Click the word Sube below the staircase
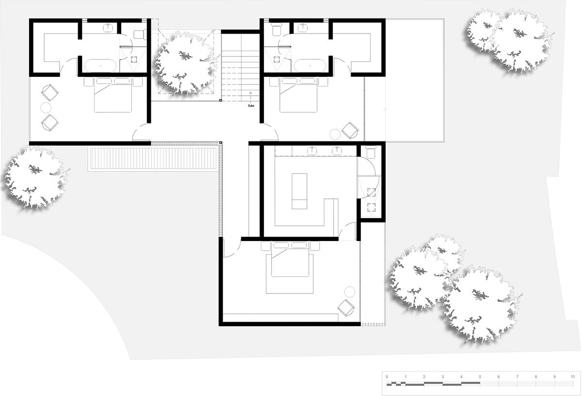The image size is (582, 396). click(x=251, y=106)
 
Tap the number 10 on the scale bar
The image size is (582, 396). click(x=572, y=377)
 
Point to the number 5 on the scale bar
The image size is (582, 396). click(x=480, y=377)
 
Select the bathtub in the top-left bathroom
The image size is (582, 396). click(x=100, y=66)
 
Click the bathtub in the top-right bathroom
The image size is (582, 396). click(x=310, y=66)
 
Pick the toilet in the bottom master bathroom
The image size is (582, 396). click(x=371, y=152)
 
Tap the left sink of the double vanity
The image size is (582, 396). click(x=311, y=151)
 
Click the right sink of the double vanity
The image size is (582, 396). click(x=337, y=151)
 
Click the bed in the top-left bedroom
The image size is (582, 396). click(x=113, y=95)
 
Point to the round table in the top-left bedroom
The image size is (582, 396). click(x=46, y=107)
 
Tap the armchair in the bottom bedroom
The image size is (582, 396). click(x=346, y=308)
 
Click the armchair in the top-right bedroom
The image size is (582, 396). click(x=350, y=130)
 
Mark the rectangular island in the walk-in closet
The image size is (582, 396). click(x=299, y=191)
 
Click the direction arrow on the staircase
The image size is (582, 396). click(x=250, y=97)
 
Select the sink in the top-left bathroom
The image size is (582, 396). click(x=107, y=28)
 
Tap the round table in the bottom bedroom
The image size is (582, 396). click(x=350, y=292)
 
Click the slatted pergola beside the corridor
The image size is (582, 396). click(x=152, y=158)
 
